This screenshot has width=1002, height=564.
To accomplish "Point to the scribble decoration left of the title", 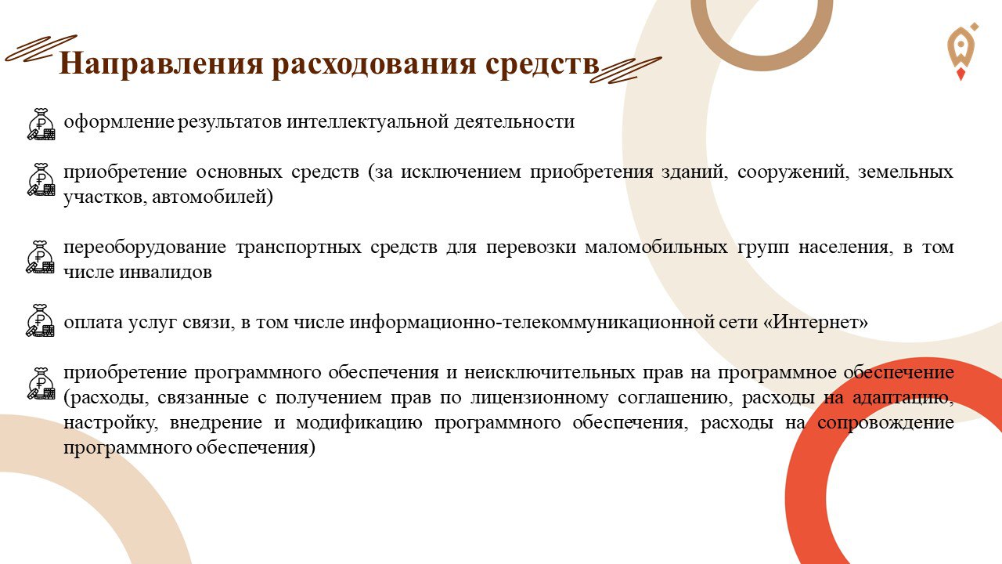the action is pyautogui.click(x=41, y=49).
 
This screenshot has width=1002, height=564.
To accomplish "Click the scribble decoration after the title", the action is pyautogui.click(x=625, y=70).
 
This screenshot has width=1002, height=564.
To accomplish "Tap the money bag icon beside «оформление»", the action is pyautogui.click(x=41, y=124).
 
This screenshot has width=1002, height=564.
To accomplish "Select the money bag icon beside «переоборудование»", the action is pyautogui.click(x=40, y=257).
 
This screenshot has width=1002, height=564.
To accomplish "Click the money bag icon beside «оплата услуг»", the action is pyautogui.click(x=40, y=320).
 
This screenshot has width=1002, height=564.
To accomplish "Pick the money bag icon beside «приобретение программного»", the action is pyautogui.click(x=41, y=384).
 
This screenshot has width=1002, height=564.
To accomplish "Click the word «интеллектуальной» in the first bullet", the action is pyautogui.click(x=368, y=121).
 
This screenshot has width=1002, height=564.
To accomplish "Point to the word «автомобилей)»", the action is pyautogui.click(x=212, y=197).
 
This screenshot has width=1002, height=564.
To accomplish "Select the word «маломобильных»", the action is pyautogui.click(x=656, y=247).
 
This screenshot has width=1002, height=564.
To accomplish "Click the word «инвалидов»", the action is pyautogui.click(x=165, y=272).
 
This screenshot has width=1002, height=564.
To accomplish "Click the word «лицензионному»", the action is pyautogui.click(x=539, y=398).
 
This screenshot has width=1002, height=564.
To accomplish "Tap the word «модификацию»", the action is pyautogui.click(x=359, y=423).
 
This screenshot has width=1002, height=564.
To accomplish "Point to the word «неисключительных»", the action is pyautogui.click(x=550, y=372).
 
